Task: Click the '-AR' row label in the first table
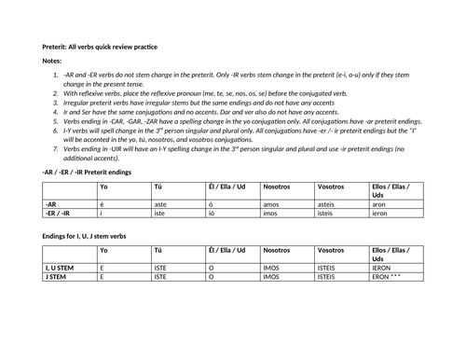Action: pyautogui.click(x=52, y=202)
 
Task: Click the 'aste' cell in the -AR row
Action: pyautogui.click(x=162, y=202)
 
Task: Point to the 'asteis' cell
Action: pyautogui.click(x=329, y=202)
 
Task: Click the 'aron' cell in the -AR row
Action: pyautogui.click(x=380, y=202)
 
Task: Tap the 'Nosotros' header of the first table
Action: pyautogui.click(x=278, y=187)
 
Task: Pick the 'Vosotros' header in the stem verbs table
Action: pyautogui.click(x=331, y=252)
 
